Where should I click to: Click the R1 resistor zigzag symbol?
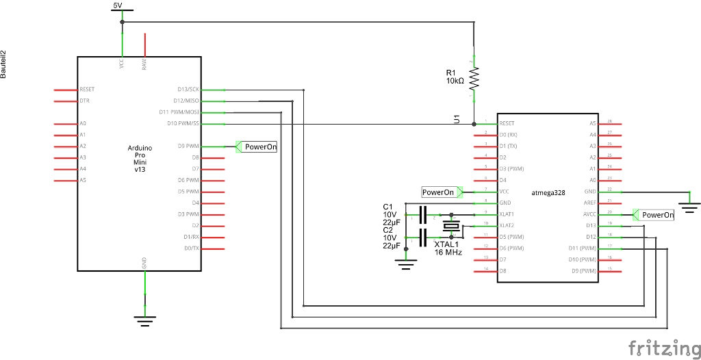(473, 77)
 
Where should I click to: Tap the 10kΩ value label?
(455, 81)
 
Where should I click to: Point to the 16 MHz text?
(448, 253)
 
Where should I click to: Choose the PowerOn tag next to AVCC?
(657, 214)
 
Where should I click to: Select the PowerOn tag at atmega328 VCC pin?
(438, 192)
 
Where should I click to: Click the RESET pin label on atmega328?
(507, 124)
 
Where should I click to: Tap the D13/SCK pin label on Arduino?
(188, 90)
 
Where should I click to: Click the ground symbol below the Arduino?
(144, 318)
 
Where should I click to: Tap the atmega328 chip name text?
(548, 193)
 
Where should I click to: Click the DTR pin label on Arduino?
(84, 101)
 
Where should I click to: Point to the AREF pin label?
(589, 203)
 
